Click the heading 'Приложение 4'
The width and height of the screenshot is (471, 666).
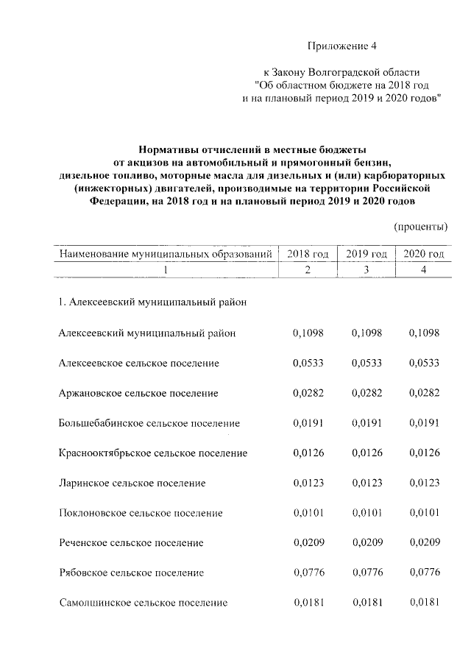click(341, 46)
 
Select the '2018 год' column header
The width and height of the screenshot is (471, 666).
click(308, 254)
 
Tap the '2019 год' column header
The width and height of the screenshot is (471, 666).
click(366, 254)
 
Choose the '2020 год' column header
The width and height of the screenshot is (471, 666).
click(423, 254)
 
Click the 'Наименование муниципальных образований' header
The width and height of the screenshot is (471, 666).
click(166, 254)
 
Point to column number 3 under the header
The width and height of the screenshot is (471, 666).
click(366, 270)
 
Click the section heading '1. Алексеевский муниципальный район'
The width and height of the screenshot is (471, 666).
click(152, 302)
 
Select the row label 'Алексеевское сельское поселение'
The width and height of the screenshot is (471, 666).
click(138, 363)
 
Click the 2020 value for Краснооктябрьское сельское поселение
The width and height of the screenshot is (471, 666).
click(423, 453)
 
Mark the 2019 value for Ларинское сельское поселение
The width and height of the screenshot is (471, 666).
click(366, 483)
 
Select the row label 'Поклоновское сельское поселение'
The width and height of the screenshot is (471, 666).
click(141, 513)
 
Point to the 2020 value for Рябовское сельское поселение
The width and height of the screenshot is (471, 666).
click(423, 573)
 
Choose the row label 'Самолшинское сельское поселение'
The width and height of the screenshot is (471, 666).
click(143, 603)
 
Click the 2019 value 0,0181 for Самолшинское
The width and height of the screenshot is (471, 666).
click(366, 603)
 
